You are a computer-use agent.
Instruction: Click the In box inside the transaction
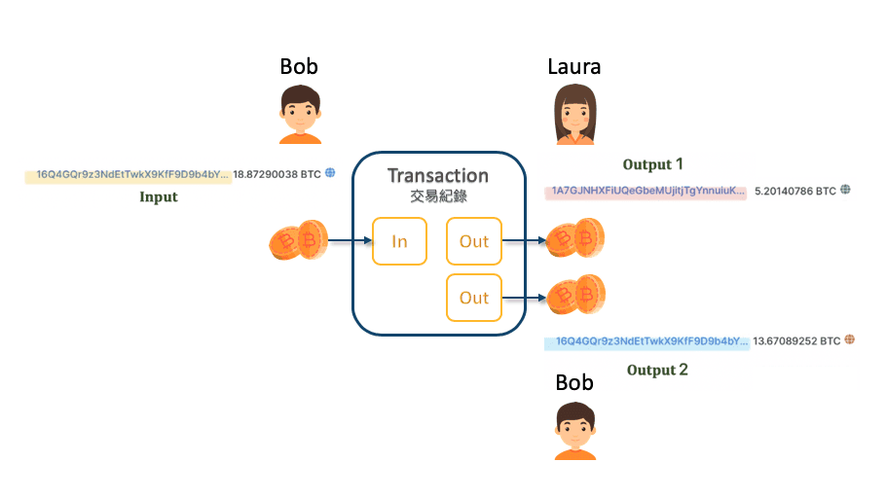pyautogui.click(x=399, y=241)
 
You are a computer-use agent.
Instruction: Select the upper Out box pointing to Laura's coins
pyautogui.click(x=473, y=241)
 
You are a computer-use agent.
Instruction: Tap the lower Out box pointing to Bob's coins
pyautogui.click(x=473, y=298)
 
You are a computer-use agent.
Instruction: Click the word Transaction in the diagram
pyautogui.click(x=438, y=176)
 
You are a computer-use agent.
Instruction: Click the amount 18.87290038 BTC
pyautogui.click(x=277, y=174)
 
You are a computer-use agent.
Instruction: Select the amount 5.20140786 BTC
pyautogui.click(x=795, y=191)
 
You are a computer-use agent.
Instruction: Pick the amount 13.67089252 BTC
pyautogui.click(x=796, y=340)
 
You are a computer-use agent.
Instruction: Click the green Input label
pyautogui.click(x=159, y=196)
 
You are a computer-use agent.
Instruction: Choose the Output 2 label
pyautogui.click(x=657, y=370)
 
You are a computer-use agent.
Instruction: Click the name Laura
pyautogui.click(x=574, y=66)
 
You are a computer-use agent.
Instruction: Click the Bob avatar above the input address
pyautogui.click(x=300, y=114)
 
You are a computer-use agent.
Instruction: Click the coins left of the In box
pyautogui.click(x=295, y=241)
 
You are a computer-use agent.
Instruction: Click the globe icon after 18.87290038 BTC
pyautogui.click(x=330, y=173)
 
